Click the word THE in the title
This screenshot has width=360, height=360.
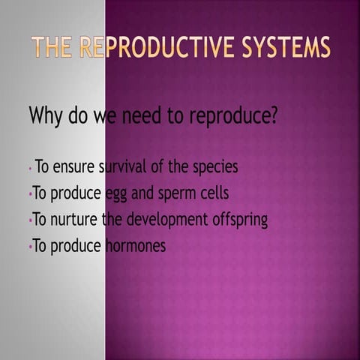[x=52, y=47]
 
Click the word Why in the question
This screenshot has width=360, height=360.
[x=45, y=116]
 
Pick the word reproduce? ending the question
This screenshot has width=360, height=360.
[x=232, y=118]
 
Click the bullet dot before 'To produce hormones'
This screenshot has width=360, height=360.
[x=30, y=246]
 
